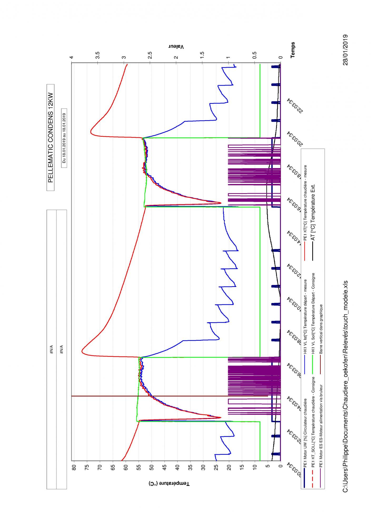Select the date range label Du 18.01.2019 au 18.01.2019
pyautogui.click(x=64, y=138)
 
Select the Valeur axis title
pyautogui.click(x=176, y=47)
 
